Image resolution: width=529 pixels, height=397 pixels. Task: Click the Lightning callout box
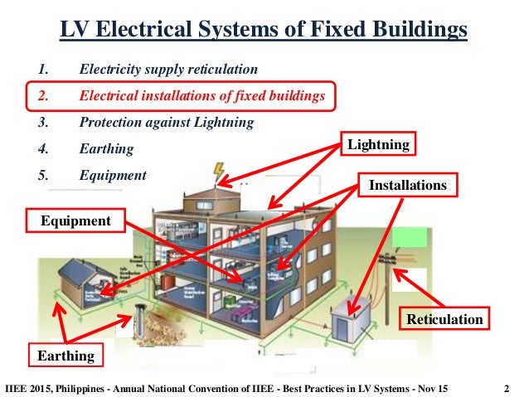pos(378,145)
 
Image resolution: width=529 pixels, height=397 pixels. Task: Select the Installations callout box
pos(407,185)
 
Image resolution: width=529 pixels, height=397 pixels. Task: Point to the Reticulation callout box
pos(444,319)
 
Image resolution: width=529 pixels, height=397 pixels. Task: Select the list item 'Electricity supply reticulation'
pos(168,69)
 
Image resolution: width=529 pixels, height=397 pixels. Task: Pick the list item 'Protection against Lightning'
pos(166,122)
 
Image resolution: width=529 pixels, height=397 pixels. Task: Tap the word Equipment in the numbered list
pos(113,176)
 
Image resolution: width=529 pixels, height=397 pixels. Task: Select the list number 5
pos(42,176)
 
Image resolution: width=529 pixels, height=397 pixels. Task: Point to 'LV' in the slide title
pos(76,31)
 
